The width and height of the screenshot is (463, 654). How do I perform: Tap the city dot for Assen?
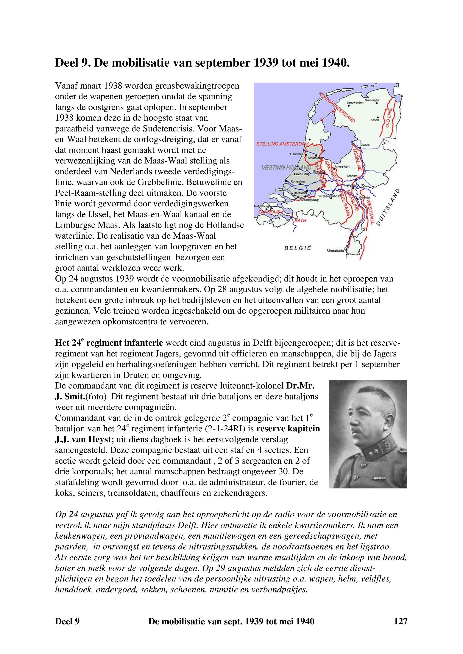point(378,117)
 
